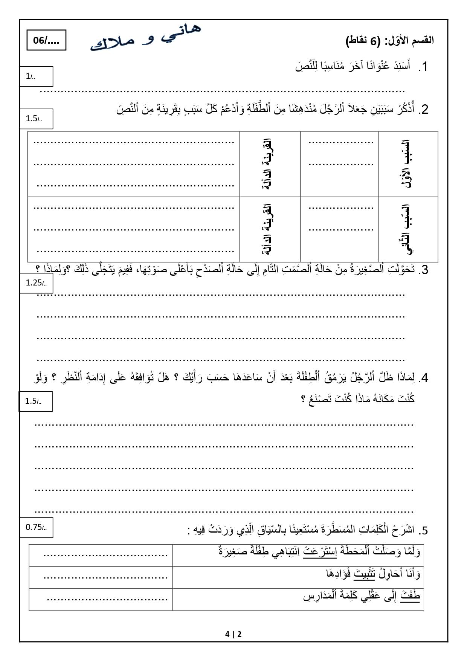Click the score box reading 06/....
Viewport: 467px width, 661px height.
tap(46, 40)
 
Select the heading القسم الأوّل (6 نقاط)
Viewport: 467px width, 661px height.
tap(389, 41)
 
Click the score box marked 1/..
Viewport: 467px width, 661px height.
tap(36, 76)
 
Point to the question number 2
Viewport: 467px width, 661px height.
tap(424, 110)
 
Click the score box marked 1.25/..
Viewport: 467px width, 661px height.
tap(36, 283)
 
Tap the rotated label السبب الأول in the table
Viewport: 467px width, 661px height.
tap(408, 164)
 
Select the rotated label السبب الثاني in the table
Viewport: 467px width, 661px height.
tap(408, 229)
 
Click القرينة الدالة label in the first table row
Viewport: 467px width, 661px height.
tap(270, 164)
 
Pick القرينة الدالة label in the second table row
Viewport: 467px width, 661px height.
tap(270, 229)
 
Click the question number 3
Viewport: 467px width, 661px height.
tap(424, 270)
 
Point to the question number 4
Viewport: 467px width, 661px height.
tap(424, 378)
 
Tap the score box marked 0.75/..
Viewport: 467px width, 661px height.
tap(36, 527)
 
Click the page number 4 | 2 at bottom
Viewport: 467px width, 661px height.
tap(233, 634)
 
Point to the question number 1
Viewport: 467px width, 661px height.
tap(424, 67)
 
